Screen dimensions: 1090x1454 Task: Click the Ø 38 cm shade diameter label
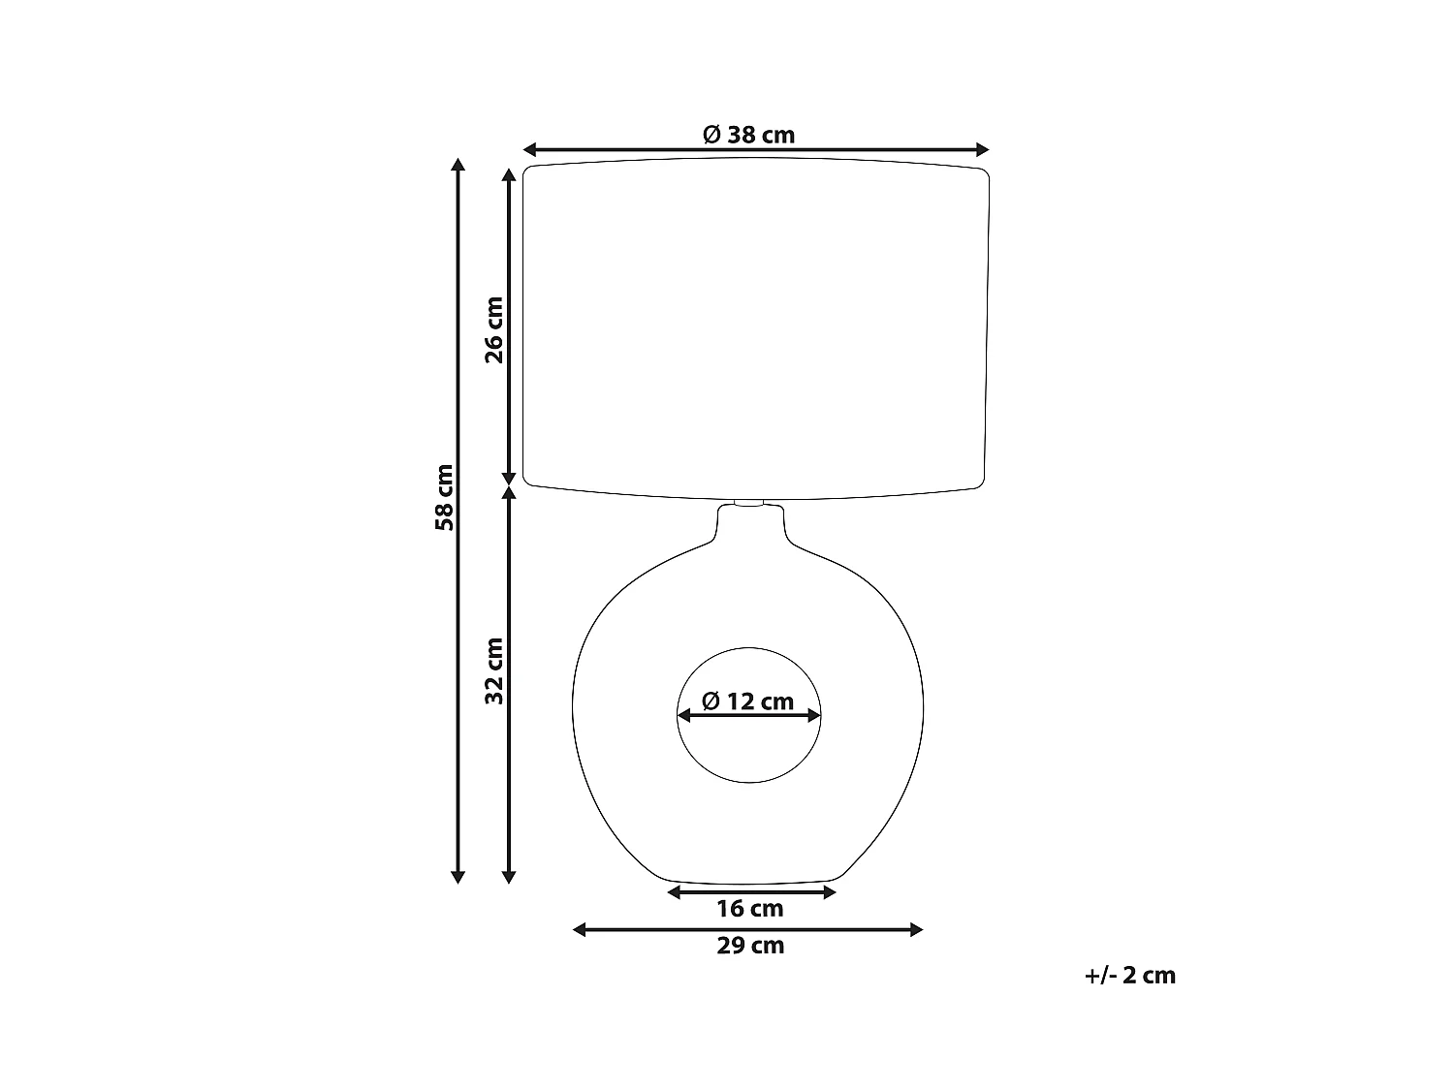pos(748,135)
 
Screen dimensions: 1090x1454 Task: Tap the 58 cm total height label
pos(445,497)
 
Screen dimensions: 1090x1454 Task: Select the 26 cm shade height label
pos(494,328)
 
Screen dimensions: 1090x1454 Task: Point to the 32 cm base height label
pos(494,670)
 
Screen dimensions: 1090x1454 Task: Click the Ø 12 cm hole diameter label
pos(747,701)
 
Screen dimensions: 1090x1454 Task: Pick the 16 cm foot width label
pos(749,909)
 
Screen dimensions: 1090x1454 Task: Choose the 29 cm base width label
pos(749,946)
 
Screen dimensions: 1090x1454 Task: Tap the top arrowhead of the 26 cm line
pos(508,175)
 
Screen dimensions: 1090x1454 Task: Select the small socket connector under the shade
pos(749,503)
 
